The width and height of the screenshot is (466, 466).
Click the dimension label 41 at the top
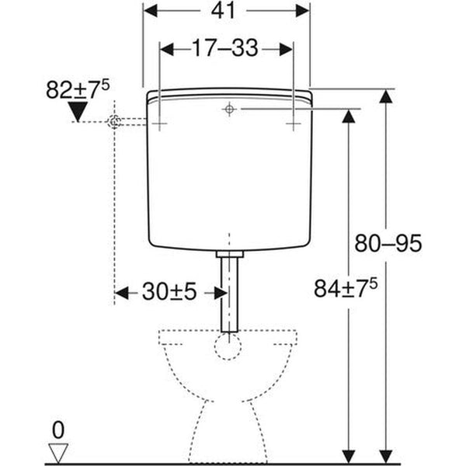(x=228, y=11)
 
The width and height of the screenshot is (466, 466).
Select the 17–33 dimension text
(x=225, y=48)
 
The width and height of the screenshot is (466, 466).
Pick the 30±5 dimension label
(x=169, y=292)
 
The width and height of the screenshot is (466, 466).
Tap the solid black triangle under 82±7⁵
(x=78, y=114)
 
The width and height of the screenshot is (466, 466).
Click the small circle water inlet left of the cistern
(x=115, y=122)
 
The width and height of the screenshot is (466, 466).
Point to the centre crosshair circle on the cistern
(x=228, y=110)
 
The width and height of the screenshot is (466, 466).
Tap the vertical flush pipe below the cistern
(x=228, y=295)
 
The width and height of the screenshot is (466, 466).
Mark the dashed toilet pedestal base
(x=228, y=435)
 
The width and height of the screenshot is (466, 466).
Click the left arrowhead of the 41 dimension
(x=150, y=11)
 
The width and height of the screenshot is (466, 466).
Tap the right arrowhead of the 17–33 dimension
(x=287, y=48)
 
